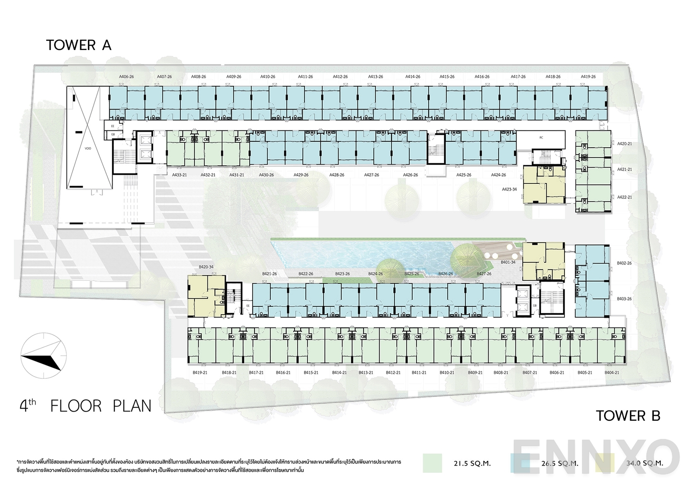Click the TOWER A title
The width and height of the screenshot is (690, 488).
click(x=78, y=45)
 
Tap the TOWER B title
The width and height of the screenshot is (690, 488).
click(x=628, y=416)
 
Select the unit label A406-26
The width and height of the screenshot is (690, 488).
click(x=126, y=77)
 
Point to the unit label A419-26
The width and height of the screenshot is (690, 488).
click(x=588, y=77)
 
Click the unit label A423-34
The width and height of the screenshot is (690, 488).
click(x=509, y=189)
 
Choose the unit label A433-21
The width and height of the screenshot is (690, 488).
click(x=179, y=175)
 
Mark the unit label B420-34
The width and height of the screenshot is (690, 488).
click(x=206, y=267)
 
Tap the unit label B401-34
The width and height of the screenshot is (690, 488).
click(x=508, y=262)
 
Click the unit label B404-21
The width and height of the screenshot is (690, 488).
click(x=612, y=373)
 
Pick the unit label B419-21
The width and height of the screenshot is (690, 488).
click(x=200, y=373)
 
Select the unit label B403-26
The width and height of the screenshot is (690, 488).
click(x=624, y=299)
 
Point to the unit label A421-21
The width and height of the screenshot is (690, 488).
click(x=624, y=170)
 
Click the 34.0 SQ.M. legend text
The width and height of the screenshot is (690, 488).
click(x=644, y=463)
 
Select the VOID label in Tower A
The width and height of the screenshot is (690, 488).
click(x=88, y=148)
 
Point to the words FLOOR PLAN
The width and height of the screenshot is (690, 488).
click(x=101, y=406)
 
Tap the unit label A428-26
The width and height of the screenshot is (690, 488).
click(x=337, y=175)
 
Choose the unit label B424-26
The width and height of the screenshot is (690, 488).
click(x=375, y=274)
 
